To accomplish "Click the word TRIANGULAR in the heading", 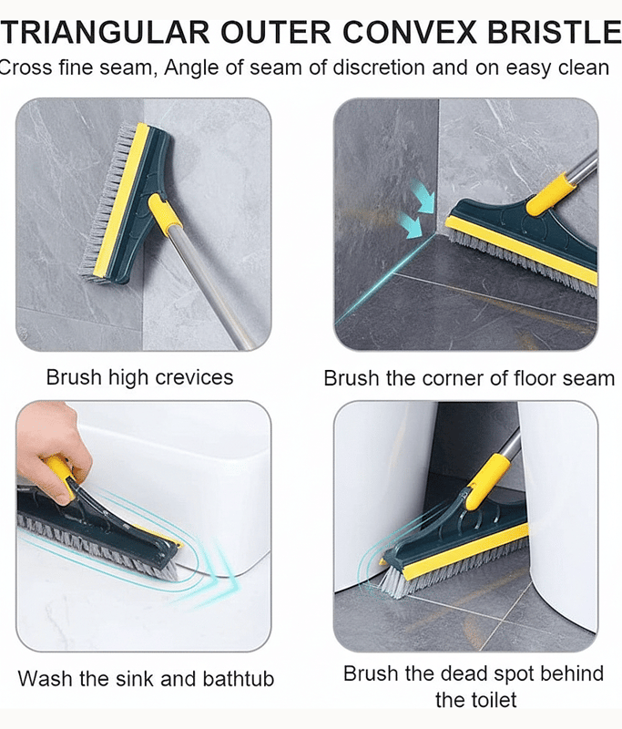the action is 106,33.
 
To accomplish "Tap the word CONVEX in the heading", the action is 410,33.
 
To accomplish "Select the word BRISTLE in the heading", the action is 554,33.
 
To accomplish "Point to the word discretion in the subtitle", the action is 379,67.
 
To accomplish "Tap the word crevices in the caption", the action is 194,377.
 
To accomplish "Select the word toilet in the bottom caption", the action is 493,700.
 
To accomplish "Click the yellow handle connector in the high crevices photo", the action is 165,214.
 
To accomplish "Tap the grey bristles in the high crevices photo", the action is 105,200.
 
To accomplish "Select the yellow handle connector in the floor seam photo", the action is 550,194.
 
